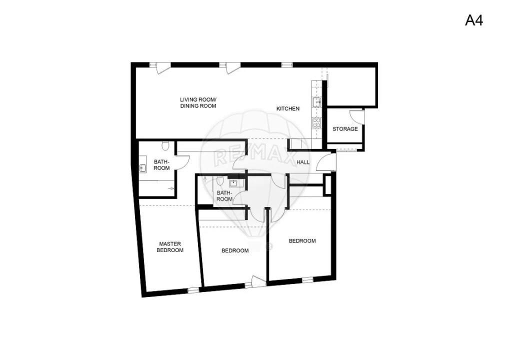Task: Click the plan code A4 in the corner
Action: point(474,20)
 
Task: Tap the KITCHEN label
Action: point(288,108)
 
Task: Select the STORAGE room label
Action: point(345,129)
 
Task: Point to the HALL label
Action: point(303,162)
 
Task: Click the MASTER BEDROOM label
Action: point(169,247)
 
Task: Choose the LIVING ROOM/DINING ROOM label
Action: point(198,102)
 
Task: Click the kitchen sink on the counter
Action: point(316,102)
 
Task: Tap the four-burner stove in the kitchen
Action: point(316,123)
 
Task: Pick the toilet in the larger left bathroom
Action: point(164,146)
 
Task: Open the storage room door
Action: point(357,116)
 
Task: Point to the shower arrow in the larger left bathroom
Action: point(170,188)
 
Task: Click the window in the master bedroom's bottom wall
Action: point(193,289)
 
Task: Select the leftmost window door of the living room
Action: point(160,66)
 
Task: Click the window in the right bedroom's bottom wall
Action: point(307,279)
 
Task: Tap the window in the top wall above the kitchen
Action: point(286,64)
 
